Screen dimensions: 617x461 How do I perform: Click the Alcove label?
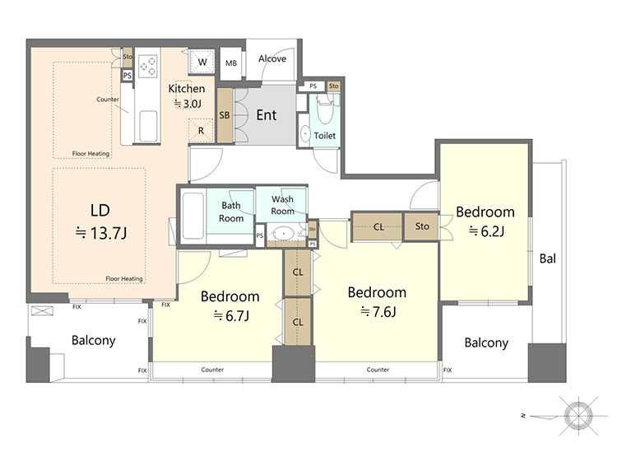click(272, 58)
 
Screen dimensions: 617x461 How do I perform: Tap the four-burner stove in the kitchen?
click(148, 66)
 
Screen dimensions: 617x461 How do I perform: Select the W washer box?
click(202, 62)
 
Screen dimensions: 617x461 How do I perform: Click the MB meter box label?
click(231, 63)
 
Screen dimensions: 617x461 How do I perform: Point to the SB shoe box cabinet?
click(225, 115)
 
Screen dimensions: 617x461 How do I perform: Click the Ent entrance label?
click(267, 115)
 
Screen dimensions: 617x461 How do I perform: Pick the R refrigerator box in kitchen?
click(201, 130)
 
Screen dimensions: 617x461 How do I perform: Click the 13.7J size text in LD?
click(101, 234)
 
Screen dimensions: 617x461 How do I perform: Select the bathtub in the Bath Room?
click(193, 216)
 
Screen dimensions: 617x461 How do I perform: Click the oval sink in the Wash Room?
click(283, 234)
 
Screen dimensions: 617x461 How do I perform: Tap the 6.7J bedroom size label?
click(231, 316)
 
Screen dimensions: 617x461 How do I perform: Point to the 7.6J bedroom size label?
click(378, 312)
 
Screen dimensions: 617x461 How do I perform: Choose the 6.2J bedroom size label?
click(486, 231)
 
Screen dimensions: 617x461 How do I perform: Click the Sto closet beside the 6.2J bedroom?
click(421, 226)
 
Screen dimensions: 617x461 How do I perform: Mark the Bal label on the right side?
click(548, 258)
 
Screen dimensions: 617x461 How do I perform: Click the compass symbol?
click(578, 416)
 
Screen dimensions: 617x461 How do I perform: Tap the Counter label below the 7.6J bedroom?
click(378, 370)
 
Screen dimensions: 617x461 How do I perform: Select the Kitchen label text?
click(187, 89)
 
